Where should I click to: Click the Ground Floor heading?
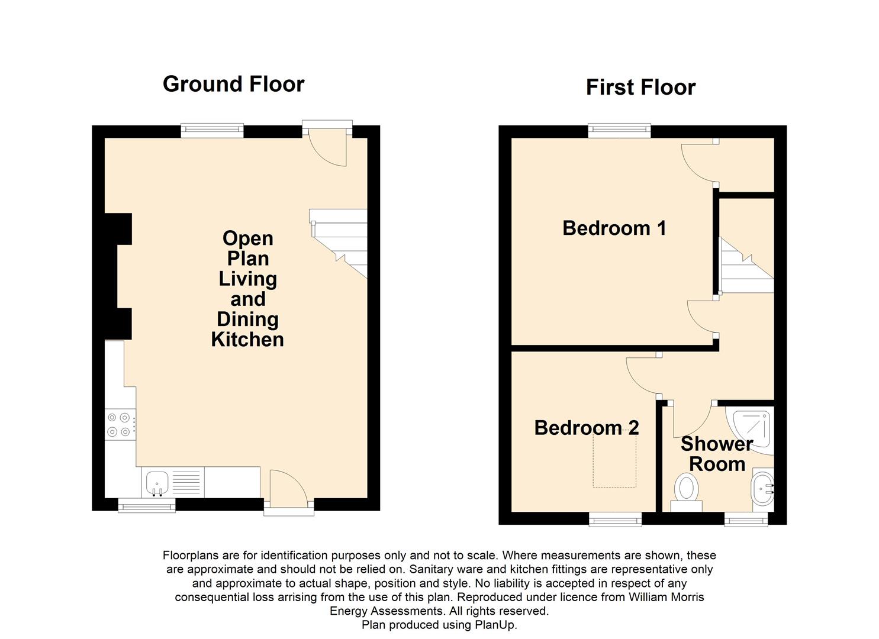pyautogui.click(x=233, y=84)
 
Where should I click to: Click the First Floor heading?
pyautogui.click(x=640, y=88)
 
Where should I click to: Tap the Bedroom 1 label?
pyautogui.click(x=614, y=228)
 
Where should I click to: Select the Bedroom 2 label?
pyautogui.click(x=586, y=428)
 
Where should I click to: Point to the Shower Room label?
pyautogui.click(x=717, y=454)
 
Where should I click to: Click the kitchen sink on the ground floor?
pyautogui.click(x=157, y=482)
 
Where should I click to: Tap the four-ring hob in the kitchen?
pyautogui.click(x=119, y=425)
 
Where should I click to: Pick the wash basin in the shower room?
pyautogui.click(x=762, y=489)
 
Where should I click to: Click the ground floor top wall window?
pyautogui.click(x=212, y=131)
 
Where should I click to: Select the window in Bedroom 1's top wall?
pyautogui.click(x=619, y=131)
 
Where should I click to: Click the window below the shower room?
pyautogui.click(x=746, y=519)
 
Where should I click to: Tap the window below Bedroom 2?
pyautogui.click(x=615, y=519)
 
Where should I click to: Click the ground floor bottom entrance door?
pyautogui.click(x=288, y=491)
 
